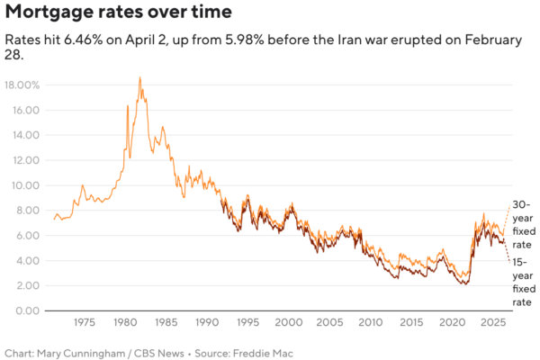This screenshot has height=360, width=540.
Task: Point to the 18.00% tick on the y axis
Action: tap(22, 85)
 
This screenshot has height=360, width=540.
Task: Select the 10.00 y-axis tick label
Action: tap(26, 185)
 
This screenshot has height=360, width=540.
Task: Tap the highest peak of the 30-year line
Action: tap(139, 78)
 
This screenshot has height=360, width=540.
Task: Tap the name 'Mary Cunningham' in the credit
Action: tap(79, 352)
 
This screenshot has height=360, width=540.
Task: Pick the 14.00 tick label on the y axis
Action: tap(26, 135)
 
